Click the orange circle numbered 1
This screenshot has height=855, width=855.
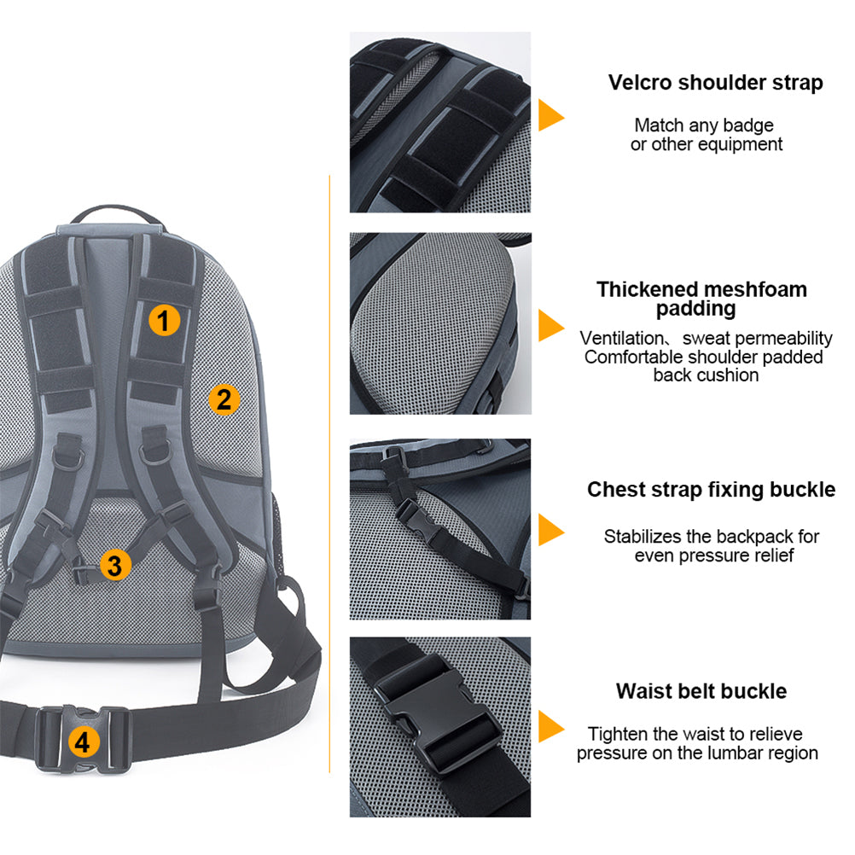pos(165,321)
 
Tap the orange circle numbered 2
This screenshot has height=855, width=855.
pos(224,398)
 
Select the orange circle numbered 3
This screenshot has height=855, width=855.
pos(116,564)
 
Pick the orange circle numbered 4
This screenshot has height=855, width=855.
pos(82,742)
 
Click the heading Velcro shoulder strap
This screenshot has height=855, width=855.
pos(715,83)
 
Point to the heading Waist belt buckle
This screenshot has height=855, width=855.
pos(701,690)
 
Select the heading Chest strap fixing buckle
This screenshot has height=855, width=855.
pos(711,490)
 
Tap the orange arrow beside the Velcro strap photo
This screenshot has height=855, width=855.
pos(550,114)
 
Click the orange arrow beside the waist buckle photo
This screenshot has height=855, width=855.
pos(550,727)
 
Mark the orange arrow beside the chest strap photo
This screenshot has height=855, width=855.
pos(550,530)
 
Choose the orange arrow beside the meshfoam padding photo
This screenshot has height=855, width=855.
pos(550,325)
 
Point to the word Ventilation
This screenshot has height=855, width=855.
pos(620,338)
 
